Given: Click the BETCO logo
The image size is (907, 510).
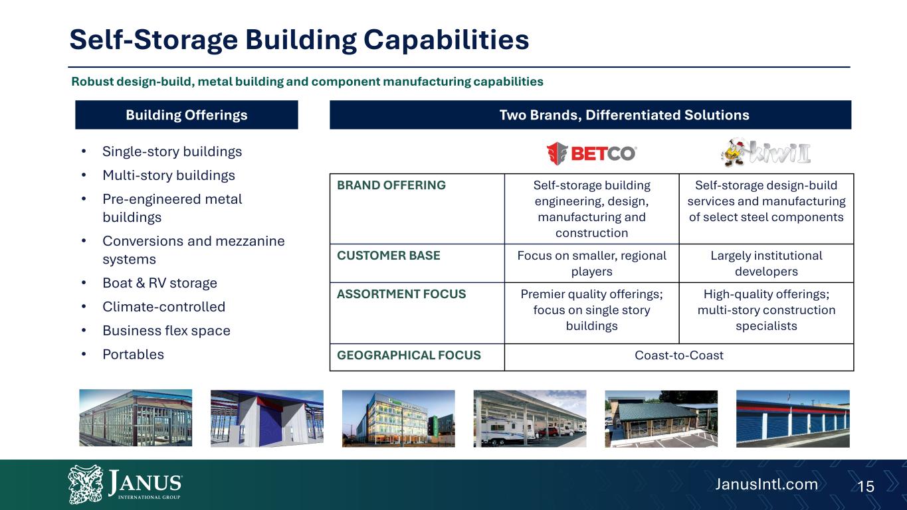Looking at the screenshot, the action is (591, 153).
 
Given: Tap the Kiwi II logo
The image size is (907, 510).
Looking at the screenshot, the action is (766, 153).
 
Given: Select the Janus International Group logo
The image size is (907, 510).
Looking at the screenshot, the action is (125, 484).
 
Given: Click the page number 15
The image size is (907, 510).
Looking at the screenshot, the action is (866, 486).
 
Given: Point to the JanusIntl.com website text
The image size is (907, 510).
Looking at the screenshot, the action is (766, 484).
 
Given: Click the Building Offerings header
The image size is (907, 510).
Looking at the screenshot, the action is (187, 115).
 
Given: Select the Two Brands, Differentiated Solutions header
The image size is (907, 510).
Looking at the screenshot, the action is (590, 115).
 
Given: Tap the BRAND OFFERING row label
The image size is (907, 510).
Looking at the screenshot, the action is (391, 185).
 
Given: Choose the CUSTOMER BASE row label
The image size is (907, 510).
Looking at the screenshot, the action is (388, 256).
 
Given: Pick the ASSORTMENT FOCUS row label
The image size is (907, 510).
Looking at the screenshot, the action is (401, 294).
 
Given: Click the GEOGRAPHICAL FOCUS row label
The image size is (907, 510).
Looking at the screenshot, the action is (409, 355).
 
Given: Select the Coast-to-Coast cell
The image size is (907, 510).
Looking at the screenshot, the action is (678, 355).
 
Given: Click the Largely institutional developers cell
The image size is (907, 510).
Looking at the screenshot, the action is (766, 263).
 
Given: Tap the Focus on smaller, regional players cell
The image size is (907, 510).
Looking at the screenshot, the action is (591, 263).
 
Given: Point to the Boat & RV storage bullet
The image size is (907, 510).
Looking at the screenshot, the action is (159, 283).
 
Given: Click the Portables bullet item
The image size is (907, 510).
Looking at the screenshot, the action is (133, 355).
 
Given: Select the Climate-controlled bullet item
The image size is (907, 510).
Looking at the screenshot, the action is (163, 307).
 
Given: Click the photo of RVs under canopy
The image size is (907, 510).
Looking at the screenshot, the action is (530, 418).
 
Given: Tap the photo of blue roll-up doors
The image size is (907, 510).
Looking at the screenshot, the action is (793, 418).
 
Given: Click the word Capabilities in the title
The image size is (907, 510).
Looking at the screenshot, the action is (447, 40).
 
